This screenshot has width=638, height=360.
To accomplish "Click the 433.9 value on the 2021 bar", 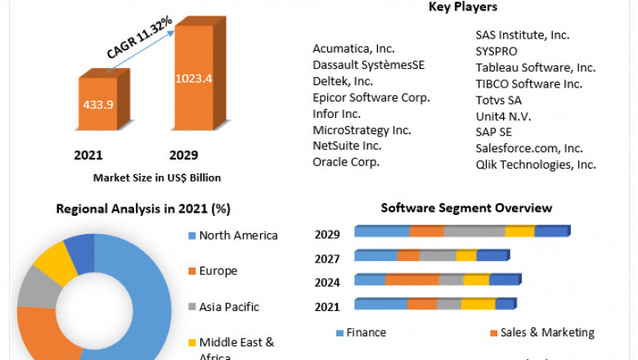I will [97, 105].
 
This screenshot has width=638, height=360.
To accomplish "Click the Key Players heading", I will [462, 7].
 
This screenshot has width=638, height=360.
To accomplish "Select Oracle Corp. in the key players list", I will [346, 161].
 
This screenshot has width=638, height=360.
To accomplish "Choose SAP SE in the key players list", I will [496, 132].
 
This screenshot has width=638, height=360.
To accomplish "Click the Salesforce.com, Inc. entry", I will [529, 148].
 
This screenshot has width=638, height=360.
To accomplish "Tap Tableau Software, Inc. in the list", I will [536, 67].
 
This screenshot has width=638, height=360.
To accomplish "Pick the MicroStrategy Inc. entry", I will [362, 129].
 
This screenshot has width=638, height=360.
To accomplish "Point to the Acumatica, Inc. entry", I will [354, 49].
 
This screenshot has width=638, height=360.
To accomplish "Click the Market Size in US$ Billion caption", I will [157, 177].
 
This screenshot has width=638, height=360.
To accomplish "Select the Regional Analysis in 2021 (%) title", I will [143, 209].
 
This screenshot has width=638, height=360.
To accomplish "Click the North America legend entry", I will [238, 236].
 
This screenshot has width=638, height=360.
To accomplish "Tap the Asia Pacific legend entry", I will [229, 307].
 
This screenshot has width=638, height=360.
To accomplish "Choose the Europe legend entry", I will [218, 271].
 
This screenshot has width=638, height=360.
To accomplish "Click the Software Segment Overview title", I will [466, 208].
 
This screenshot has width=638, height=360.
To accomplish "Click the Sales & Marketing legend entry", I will [547, 333].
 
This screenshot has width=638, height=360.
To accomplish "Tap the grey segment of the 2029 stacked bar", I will [474, 232].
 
